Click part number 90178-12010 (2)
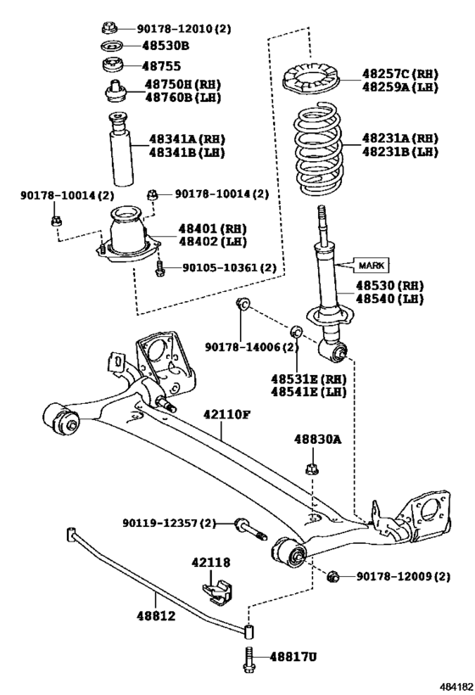pyautogui.click(x=184, y=29)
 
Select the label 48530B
pyautogui.click(x=165, y=45)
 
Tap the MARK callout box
pyautogui.click(x=372, y=265)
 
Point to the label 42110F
pyautogui.click(x=227, y=414)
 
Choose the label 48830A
pyautogui.click(x=318, y=440)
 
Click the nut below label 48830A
pyautogui.click(x=312, y=468)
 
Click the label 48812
pyautogui.click(x=155, y=616)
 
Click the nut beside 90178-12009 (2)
pyautogui.click(x=333, y=577)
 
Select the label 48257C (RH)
pyautogui.click(x=400, y=73)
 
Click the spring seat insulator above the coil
pyautogui.click(x=311, y=81)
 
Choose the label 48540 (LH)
pyautogui.click(x=389, y=299)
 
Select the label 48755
pyautogui.click(x=161, y=66)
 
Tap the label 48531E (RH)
pyautogui.click(x=309, y=379)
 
